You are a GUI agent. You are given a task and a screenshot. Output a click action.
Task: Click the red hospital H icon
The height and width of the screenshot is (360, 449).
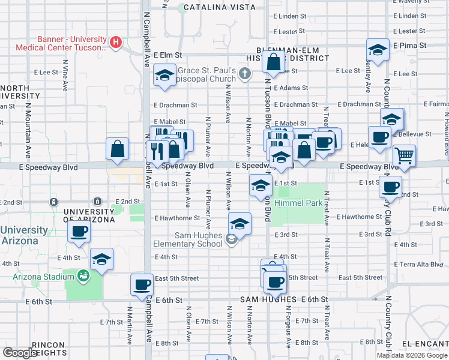(x=116, y=43)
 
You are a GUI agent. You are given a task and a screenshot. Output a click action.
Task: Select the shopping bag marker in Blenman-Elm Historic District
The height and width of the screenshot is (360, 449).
(x=273, y=62)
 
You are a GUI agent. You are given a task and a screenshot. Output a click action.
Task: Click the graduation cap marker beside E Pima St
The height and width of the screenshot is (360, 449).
(x=378, y=50)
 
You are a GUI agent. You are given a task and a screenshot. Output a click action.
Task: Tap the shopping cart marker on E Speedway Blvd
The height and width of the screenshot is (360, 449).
(x=405, y=156)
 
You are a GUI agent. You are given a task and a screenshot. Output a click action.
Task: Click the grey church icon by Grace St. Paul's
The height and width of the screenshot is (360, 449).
(x=244, y=74)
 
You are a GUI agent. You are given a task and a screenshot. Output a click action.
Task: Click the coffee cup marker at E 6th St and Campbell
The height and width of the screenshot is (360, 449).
(x=142, y=284)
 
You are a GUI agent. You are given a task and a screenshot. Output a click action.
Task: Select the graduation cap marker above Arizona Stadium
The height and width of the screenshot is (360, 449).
(x=102, y=260)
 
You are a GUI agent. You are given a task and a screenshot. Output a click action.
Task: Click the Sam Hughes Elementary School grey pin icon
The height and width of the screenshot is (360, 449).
(x=231, y=240)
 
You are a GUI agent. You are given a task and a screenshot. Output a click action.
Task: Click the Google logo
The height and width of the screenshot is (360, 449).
(x=20, y=353)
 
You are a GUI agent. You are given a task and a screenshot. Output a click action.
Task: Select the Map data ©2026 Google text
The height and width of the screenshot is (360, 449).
(x=412, y=355)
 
